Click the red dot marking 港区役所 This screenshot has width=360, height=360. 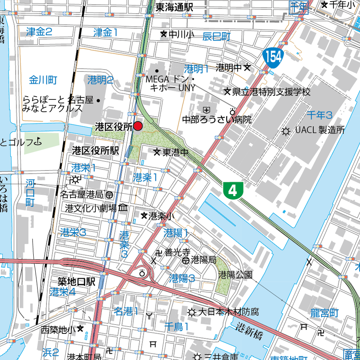click(138, 126)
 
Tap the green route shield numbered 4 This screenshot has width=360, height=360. click(233, 191)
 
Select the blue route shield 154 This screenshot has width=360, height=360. click(272, 57)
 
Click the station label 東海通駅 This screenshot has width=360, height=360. click(175, 7)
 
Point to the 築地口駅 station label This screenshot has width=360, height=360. click(77, 282)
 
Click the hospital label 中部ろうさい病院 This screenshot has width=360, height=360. click(216, 119)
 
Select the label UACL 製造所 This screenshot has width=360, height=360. click(320, 130)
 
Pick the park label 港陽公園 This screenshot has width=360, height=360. click(235, 275)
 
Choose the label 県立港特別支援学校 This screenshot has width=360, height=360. click(271, 92)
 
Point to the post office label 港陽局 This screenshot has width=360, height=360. click(203, 260)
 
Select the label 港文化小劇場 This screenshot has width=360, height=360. click(91, 207)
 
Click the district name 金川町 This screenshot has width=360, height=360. click(43, 81)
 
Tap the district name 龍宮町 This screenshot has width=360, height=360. click(324, 313)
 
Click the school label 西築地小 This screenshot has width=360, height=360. click(58, 329)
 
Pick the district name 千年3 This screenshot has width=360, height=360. click(319, 115)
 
